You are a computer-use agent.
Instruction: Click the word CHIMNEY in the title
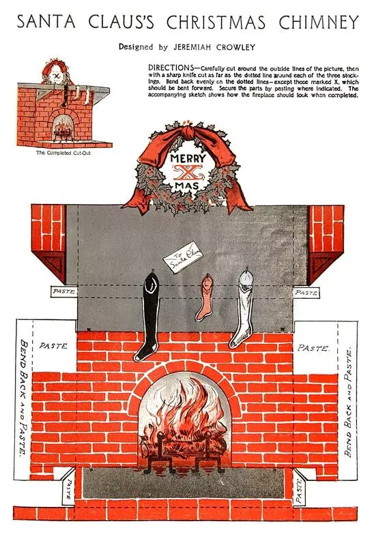point(318,23)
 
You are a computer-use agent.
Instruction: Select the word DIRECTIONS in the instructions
point(171,68)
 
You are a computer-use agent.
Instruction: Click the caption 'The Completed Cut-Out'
point(63,153)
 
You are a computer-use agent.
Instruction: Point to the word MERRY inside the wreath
point(188,158)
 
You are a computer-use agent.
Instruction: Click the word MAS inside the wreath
point(187,186)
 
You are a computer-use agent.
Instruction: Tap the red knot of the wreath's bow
point(188,132)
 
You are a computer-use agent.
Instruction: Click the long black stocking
point(148,317)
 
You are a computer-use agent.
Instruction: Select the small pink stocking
point(205,297)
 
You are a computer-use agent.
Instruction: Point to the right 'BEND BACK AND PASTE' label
point(349,401)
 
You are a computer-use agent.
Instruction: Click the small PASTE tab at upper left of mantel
point(64,292)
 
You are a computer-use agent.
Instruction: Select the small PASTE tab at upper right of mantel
point(306,293)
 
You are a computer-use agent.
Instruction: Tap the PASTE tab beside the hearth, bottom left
point(69,489)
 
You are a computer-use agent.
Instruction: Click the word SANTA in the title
point(46,23)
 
